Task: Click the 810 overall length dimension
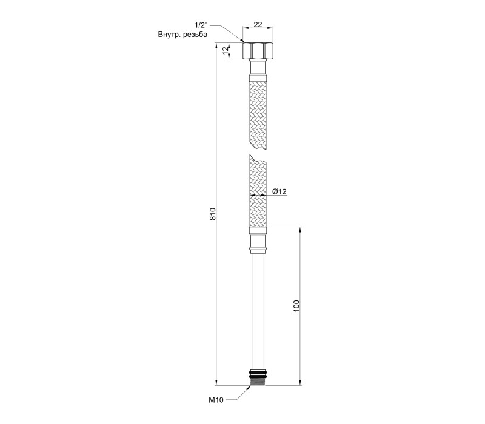point(213,214)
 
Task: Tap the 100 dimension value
point(296,306)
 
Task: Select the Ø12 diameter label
point(279,191)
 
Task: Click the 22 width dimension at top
point(258,24)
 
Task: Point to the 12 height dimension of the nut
point(226,51)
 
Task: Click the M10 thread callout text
point(216,400)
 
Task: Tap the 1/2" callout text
point(201,25)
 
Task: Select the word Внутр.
point(170,35)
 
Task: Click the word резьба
point(195,35)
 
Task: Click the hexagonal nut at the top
point(258,51)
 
